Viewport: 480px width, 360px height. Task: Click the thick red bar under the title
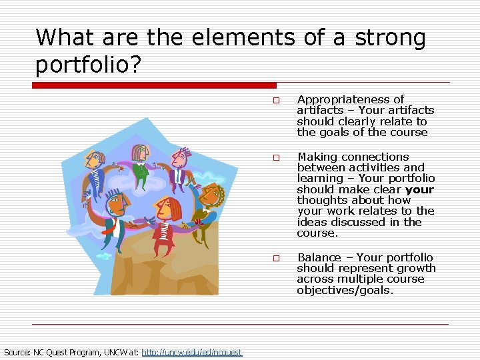tap(154, 85)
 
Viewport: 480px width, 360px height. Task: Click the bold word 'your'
tap(419, 189)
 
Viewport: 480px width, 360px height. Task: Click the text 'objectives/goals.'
tap(345, 290)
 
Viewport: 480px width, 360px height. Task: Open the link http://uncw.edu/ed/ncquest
tap(192, 352)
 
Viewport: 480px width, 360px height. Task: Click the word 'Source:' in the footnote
tap(18, 352)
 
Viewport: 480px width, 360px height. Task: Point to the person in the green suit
tap(139, 163)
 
